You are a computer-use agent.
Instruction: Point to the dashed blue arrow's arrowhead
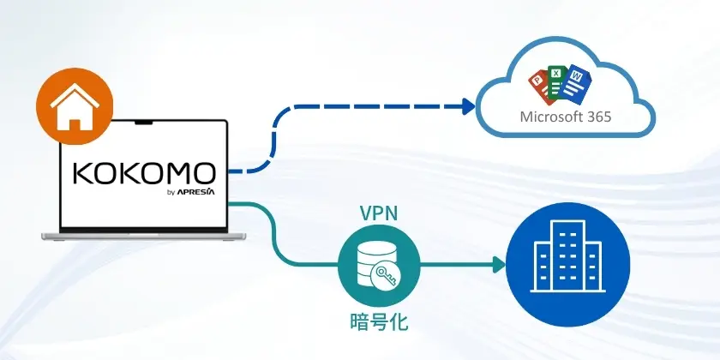click(468, 106)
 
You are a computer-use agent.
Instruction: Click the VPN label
click(378, 213)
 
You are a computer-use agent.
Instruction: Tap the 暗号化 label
click(378, 323)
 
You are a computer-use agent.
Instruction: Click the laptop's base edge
click(143, 234)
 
